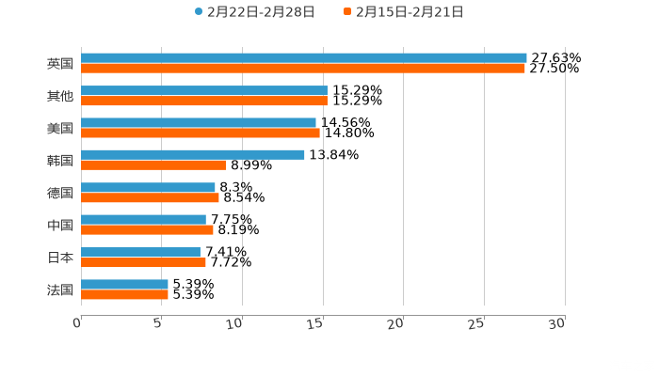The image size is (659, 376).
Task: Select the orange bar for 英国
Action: (x=302, y=69)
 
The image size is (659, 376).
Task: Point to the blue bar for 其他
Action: (x=203, y=90)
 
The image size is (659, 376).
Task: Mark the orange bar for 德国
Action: (x=150, y=197)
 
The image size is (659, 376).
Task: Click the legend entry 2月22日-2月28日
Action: (x=254, y=12)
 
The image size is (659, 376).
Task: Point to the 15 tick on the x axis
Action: (x=321, y=322)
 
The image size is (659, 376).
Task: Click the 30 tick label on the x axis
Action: (x=557, y=322)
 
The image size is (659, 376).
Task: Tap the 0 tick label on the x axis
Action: (x=77, y=322)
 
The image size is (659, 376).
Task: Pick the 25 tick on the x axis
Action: (x=477, y=322)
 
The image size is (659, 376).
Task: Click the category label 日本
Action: (x=59, y=258)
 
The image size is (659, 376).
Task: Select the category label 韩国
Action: (x=59, y=160)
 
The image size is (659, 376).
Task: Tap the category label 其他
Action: (x=59, y=96)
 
